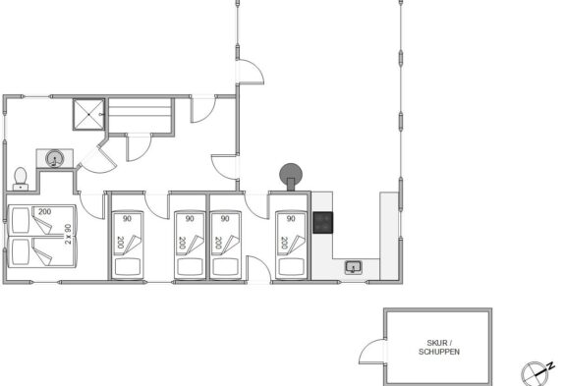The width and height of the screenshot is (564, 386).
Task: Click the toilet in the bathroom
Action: [x=21, y=179]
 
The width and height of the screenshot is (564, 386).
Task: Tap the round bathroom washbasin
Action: [x=55, y=158]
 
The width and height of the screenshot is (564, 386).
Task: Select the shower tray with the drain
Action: [x=88, y=114]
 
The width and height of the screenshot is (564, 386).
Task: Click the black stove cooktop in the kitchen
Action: [x=322, y=223]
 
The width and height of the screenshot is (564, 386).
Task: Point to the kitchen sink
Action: [x=353, y=267]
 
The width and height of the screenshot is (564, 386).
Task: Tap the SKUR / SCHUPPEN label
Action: [x=439, y=347]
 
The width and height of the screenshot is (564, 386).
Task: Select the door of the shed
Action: [x=372, y=352]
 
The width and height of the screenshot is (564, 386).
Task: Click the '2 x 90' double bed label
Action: [x=68, y=235]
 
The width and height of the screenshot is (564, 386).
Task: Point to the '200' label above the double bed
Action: [x=44, y=212]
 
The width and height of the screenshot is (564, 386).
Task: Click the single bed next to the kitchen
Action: [x=291, y=246]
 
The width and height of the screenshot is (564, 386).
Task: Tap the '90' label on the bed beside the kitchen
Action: [x=291, y=218]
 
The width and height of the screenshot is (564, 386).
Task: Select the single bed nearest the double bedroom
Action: [x=128, y=246]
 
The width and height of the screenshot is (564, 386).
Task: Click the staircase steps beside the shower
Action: [x=140, y=116]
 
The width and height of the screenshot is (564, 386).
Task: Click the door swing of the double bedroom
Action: [x=91, y=205]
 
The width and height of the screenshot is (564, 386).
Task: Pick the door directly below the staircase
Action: [x=139, y=147]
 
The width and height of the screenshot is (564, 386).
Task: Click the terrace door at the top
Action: [x=250, y=72]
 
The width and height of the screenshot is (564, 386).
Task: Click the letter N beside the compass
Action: [x=550, y=366]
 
